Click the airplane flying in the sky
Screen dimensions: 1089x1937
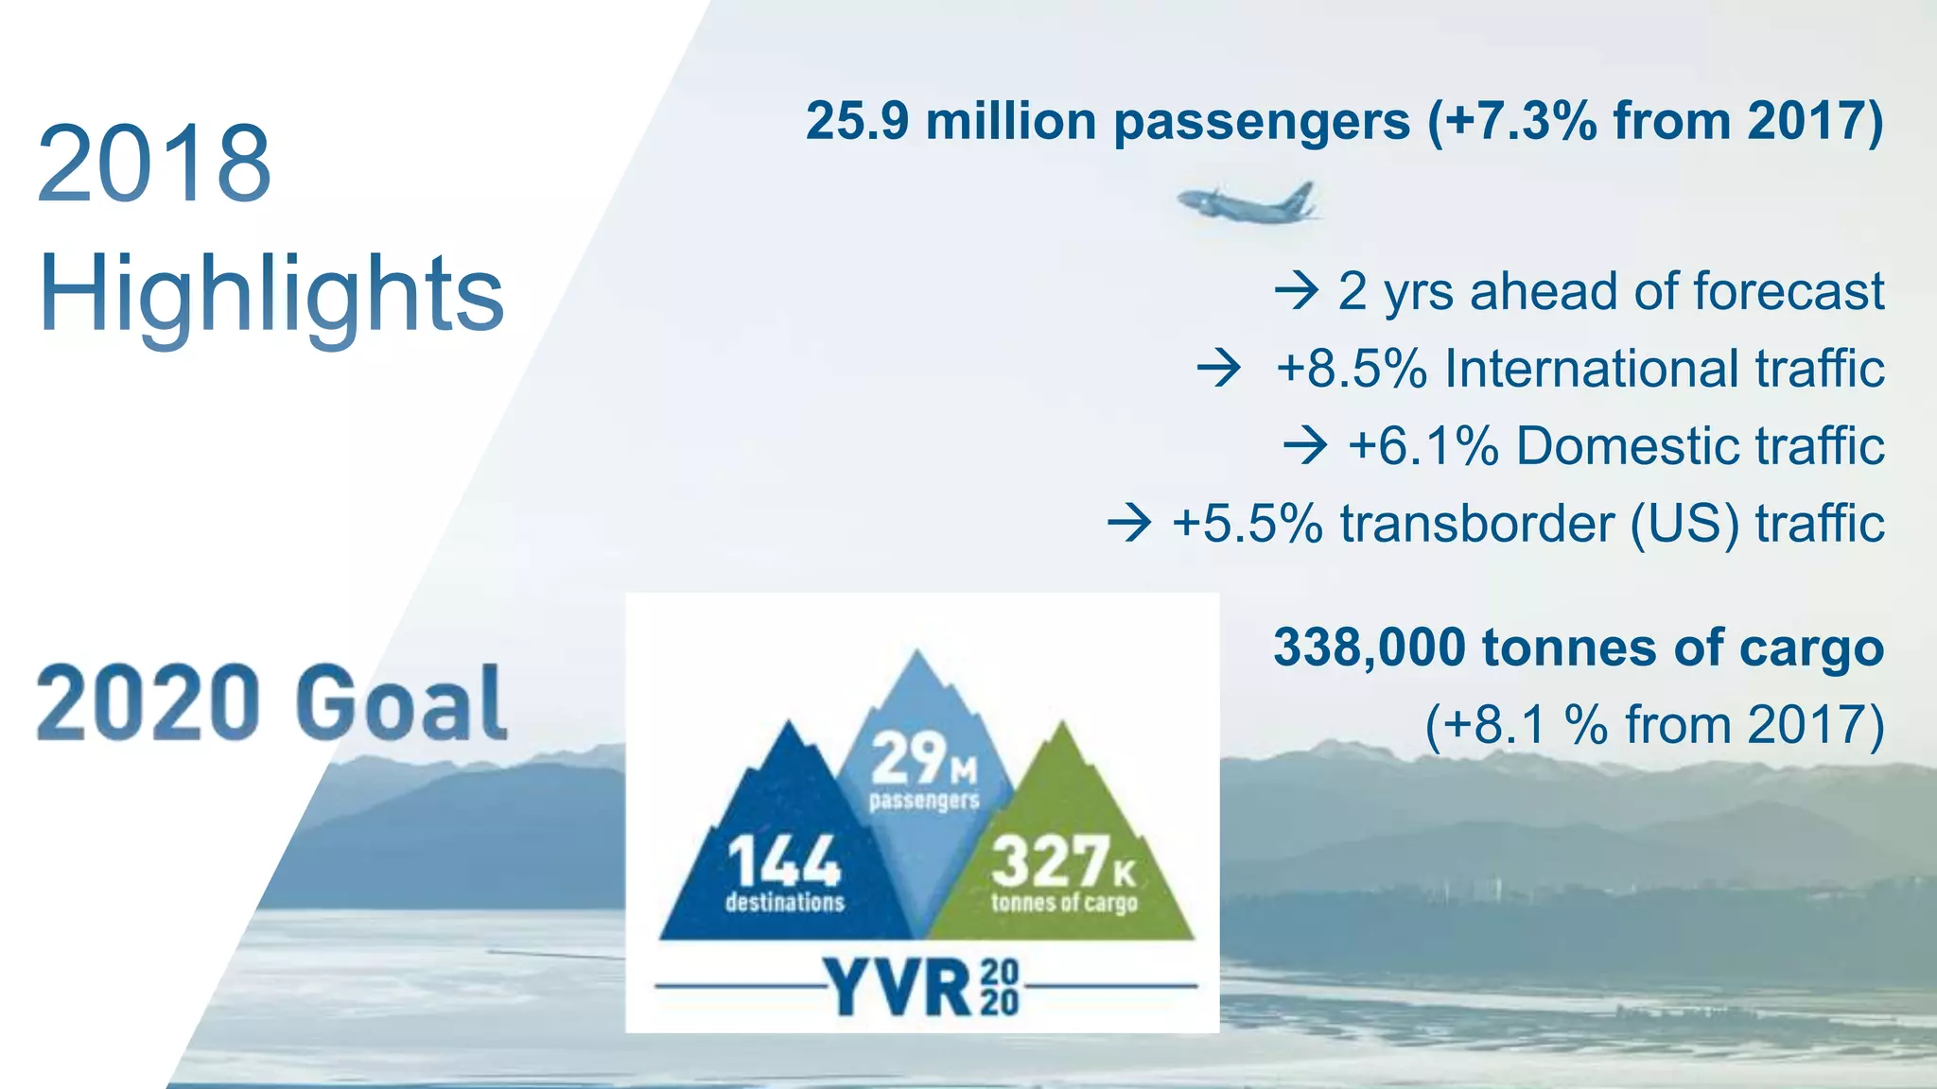(x=1247, y=201)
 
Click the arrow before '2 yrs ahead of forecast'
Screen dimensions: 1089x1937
(x=1296, y=290)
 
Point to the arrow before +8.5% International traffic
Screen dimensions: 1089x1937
(x=1218, y=368)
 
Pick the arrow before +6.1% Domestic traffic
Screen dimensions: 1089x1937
(x=1305, y=445)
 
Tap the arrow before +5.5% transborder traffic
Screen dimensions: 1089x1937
(x=1129, y=523)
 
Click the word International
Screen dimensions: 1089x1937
(x=1591, y=368)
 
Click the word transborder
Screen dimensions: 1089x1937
(x=1476, y=523)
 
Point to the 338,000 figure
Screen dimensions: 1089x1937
(x=1369, y=648)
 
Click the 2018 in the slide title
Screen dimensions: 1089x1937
(x=154, y=164)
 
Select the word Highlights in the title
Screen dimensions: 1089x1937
(x=271, y=295)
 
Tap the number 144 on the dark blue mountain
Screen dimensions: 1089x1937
(x=783, y=862)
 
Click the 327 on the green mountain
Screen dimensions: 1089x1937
(x=1051, y=862)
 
